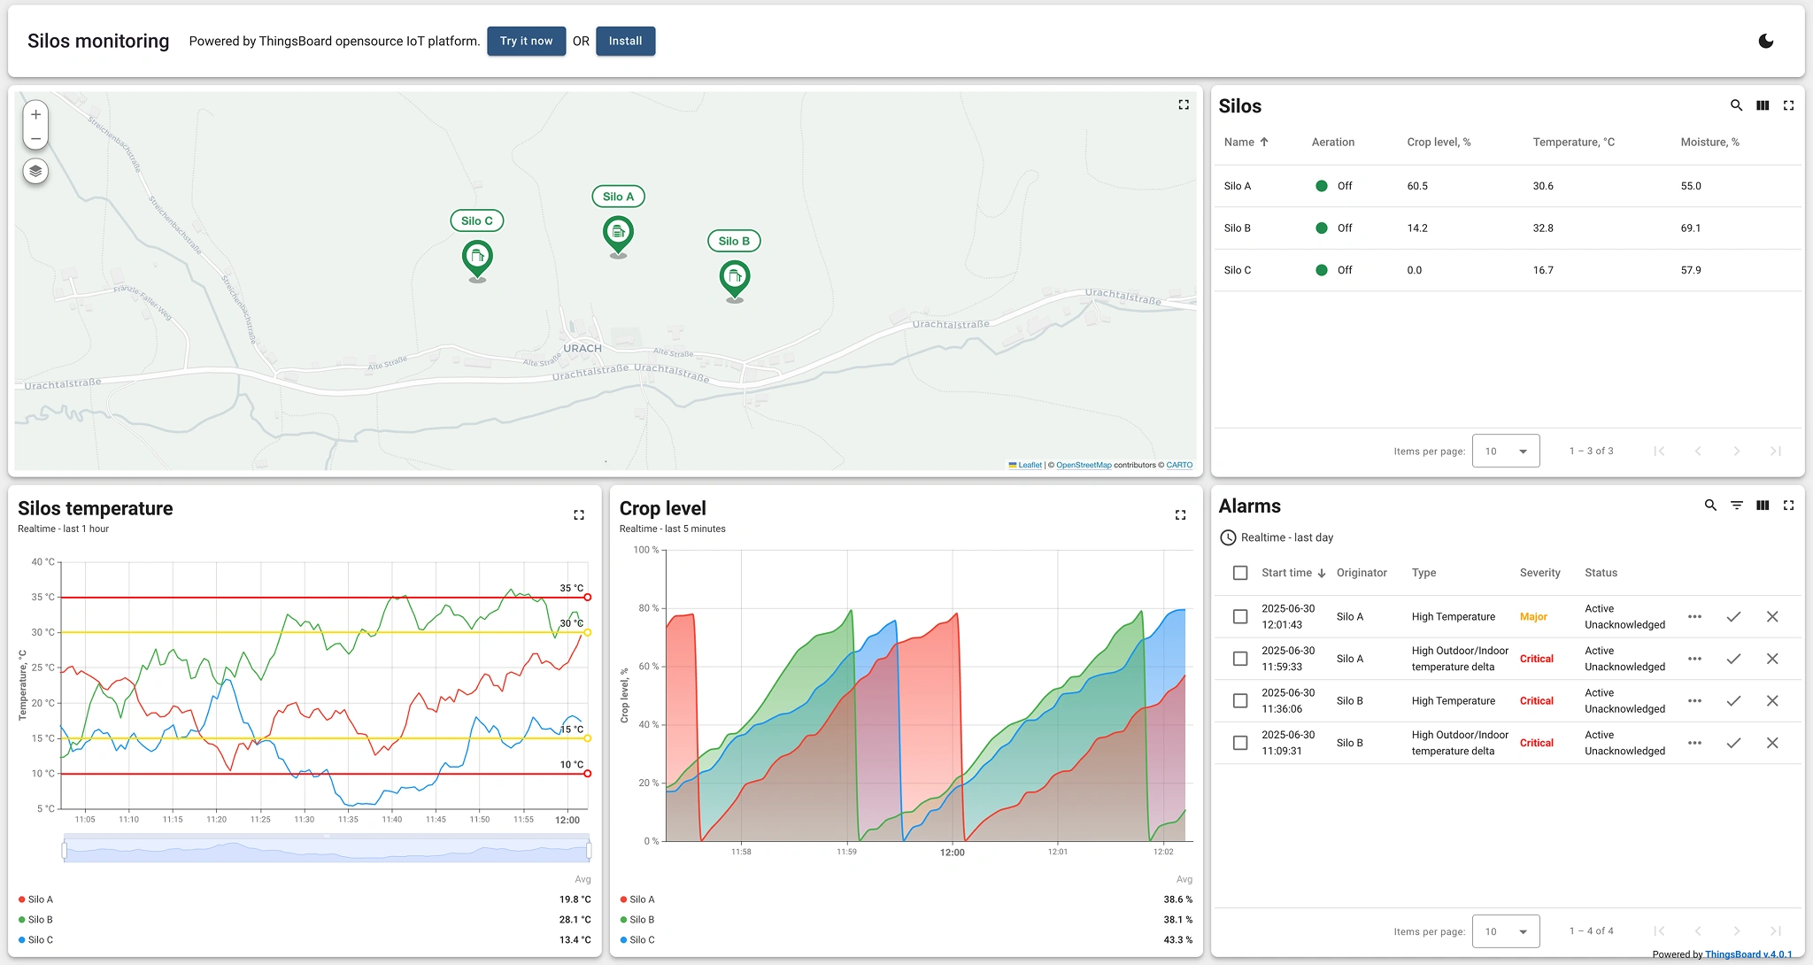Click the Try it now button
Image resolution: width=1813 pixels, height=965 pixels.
tap(526, 42)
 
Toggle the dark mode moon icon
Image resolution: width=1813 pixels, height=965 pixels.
tap(1765, 42)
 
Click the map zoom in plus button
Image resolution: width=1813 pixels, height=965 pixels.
tap(35, 114)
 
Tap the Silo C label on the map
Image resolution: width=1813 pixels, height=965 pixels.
tap(476, 221)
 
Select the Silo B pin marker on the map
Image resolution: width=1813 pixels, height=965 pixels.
tap(735, 277)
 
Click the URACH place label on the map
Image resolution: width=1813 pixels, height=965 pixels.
tap(582, 348)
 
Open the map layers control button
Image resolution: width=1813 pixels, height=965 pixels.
tap(35, 171)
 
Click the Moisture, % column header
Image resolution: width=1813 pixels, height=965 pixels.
tap(1709, 142)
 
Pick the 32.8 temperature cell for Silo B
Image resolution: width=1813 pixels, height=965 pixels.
tap(1543, 228)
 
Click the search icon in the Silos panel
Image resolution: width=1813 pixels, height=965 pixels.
tap(1736, 105)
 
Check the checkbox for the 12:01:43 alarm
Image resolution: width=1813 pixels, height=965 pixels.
tap(1240, 617)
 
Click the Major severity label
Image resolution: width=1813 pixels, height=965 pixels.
tap(1533, 617)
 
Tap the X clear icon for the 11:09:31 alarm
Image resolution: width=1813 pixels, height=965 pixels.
tap(1772, 743)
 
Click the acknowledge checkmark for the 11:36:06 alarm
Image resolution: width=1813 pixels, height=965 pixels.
tap(1733, 701)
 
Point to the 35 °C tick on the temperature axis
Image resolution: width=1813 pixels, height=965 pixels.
tap(43, 598)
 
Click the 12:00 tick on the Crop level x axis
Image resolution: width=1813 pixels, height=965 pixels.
tap(952, 853)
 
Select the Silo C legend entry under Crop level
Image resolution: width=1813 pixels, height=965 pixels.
tap(642, 940)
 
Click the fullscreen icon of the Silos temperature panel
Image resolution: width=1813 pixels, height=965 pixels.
tap(579, 515)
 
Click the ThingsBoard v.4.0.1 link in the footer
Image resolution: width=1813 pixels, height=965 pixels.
tap(1748, 954)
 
